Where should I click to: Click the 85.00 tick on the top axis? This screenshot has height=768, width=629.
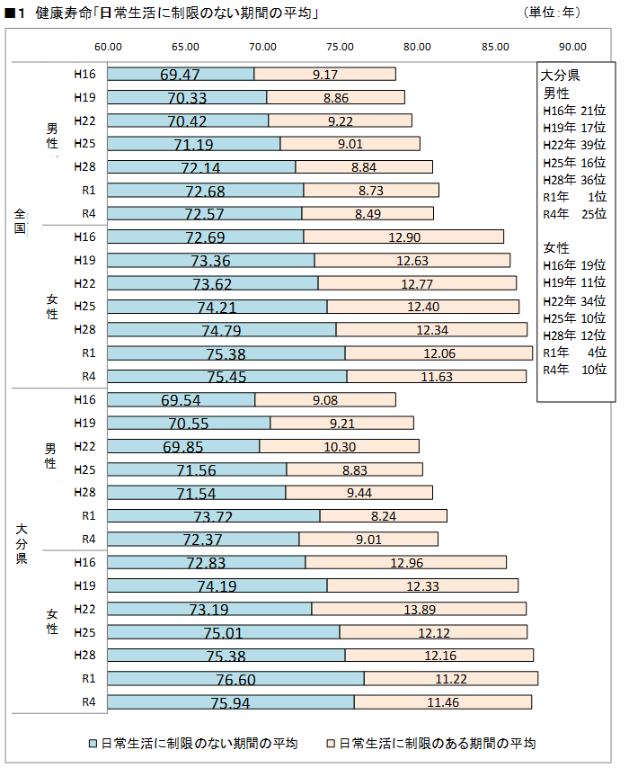pyautogui.click(x=495, y=47)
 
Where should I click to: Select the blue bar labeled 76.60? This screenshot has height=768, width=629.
pyautogui.click(x=235, y=678)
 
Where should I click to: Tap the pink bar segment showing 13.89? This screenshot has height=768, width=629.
pyautogui.click(x=419, y=609)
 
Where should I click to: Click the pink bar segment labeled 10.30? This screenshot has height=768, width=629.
pyautogui.click(x=339, y=446)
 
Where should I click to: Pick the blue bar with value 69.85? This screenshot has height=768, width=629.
pyautogui.click(x=183, y=446)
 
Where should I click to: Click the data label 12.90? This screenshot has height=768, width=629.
pyautogui.click(x=403, y=237)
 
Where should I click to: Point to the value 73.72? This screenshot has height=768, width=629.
pyautogui.click(x=214, y=515)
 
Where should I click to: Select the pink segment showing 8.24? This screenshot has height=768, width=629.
pyautogui.click(x=383, y=515)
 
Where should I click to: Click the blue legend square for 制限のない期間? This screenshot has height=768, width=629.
pyautogui.click(x=93, y=744)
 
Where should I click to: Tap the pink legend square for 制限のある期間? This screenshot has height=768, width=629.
pyautogui.click(x=331, y=744)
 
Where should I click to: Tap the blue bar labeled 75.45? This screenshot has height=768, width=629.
pyautogui.click(x=227, y=376)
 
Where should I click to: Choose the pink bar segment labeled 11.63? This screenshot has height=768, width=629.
pyautogui.click(x=436, y=376)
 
